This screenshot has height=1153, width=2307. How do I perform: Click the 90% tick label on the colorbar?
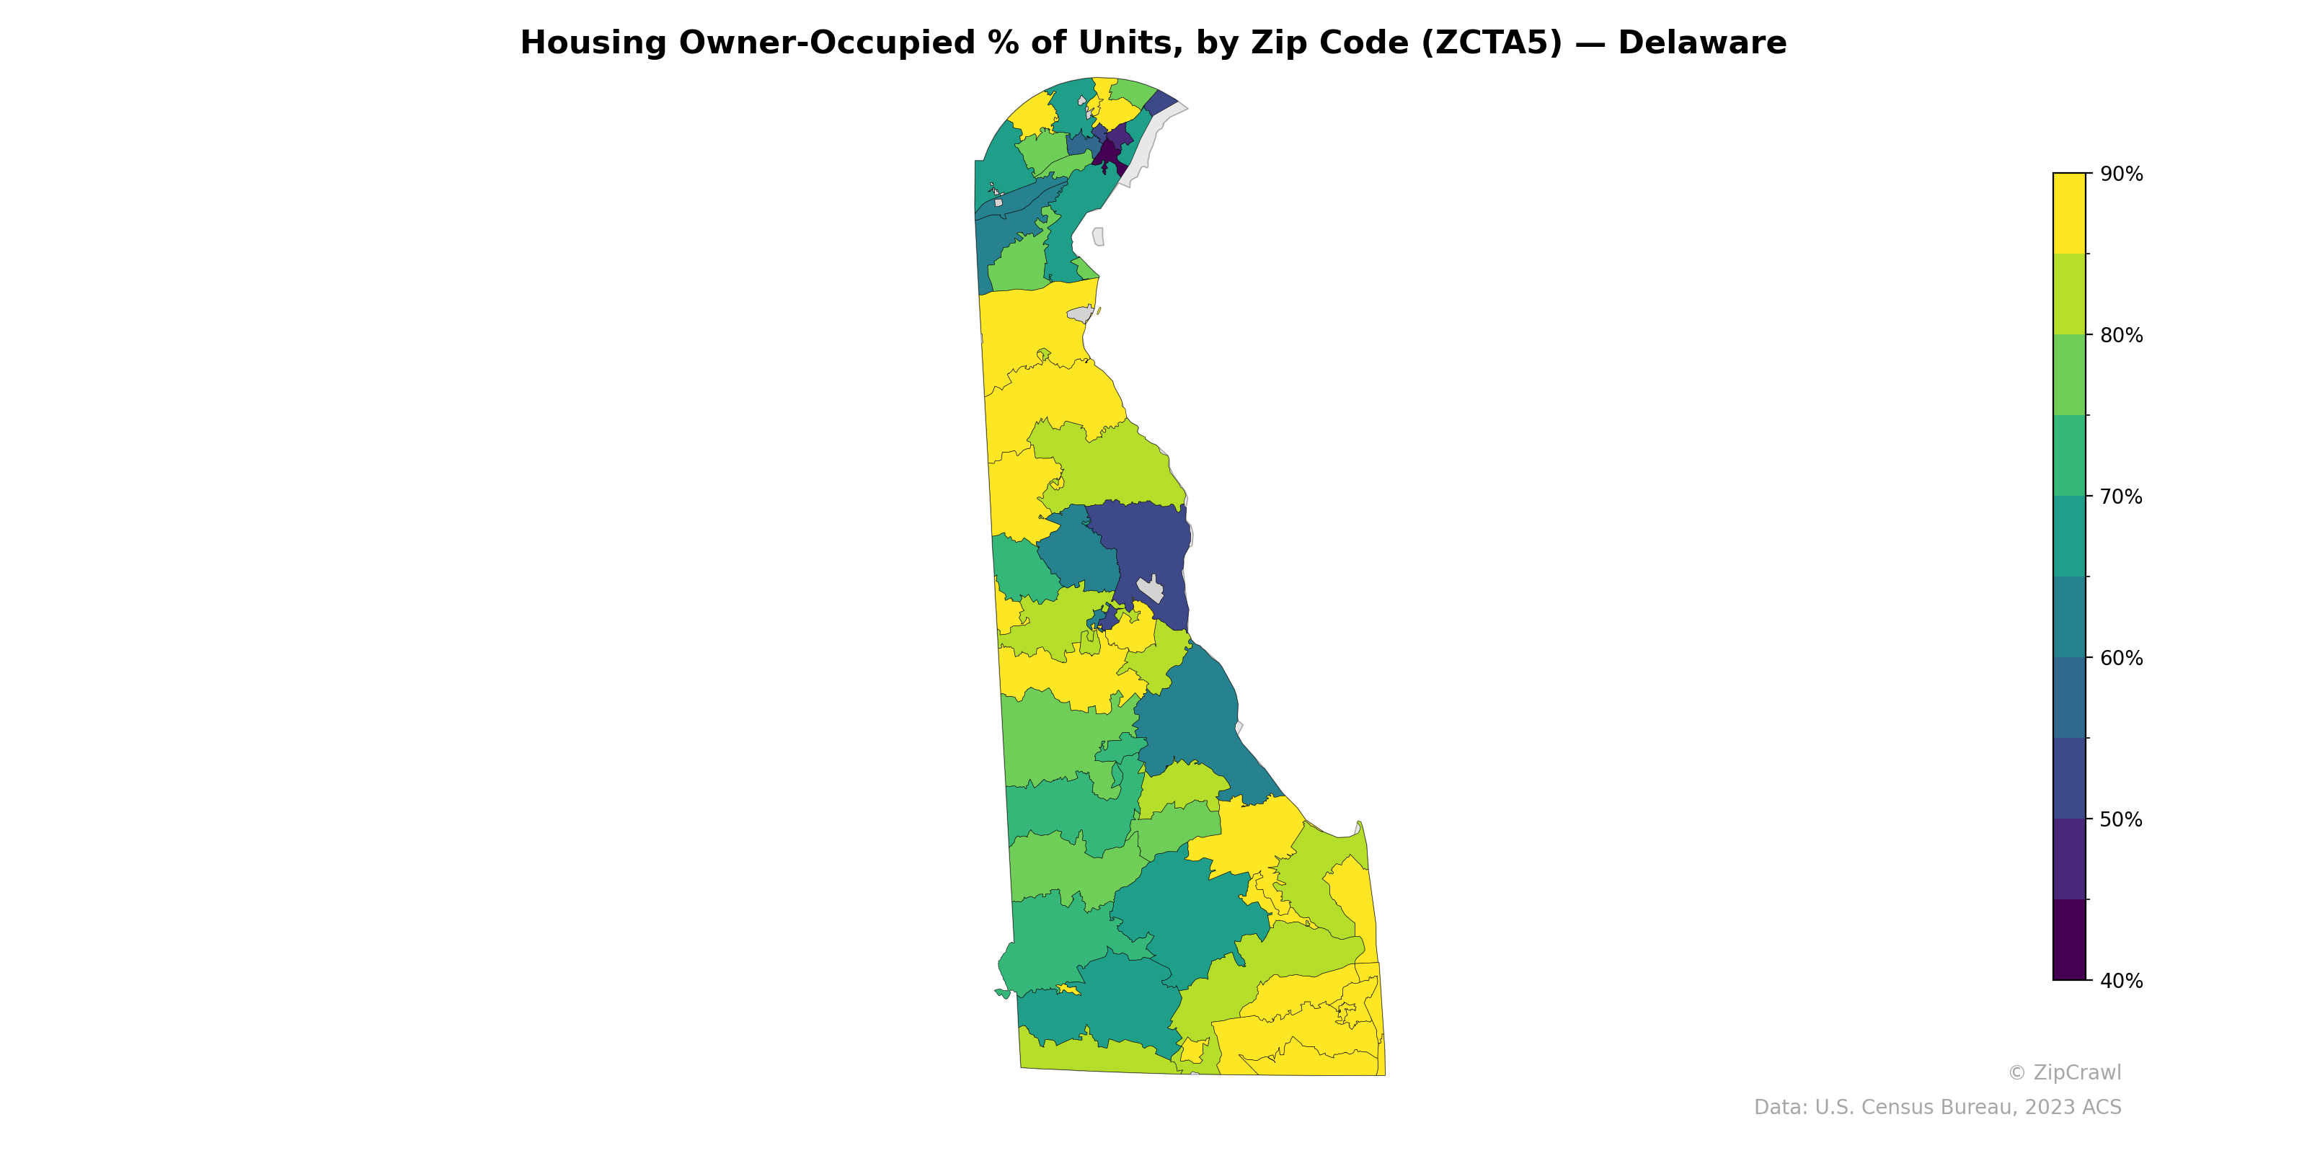[x=2121, y=174]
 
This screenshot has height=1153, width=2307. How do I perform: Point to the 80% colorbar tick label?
[x=2121, y=336]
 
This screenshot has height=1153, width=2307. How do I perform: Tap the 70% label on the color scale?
[x=2121, y=497]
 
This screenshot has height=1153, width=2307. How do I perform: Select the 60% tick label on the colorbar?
[x=2121, y=658]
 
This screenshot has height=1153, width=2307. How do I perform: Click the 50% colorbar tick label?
[x=2121, y=819]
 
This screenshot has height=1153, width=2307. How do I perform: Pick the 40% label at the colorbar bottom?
[x=2121, y=981]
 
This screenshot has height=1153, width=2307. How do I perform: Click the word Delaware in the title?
[x=1701, y=43]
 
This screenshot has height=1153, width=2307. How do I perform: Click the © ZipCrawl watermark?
[x=2063, y=1072]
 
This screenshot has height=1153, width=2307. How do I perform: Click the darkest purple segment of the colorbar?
[x=2069, y=940]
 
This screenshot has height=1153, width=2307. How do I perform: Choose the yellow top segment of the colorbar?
[x=2069, y=213]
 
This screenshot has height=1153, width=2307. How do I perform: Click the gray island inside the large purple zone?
[x=1151, y=589]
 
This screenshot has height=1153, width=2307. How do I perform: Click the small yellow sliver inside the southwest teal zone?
[x=1068, y=989]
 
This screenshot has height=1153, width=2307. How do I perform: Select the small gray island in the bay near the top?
[x=1098, y=237]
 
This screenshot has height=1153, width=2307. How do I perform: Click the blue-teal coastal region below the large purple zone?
[x=1191, y=716]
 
